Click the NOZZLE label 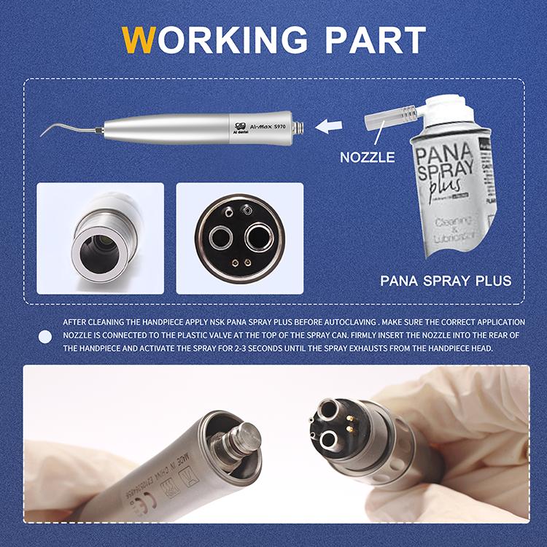coord(368,157)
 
